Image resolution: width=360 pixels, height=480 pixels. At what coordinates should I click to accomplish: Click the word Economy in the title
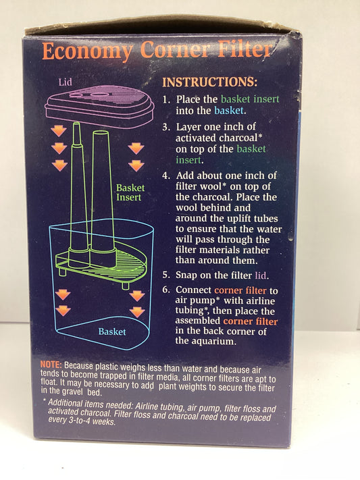point(87,51)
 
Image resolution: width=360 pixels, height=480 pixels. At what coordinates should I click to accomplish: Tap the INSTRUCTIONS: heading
point(210,82)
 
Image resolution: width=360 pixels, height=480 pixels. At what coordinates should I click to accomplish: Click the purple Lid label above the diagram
point(66,82)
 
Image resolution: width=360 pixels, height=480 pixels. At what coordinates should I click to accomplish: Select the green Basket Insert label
point(130,192)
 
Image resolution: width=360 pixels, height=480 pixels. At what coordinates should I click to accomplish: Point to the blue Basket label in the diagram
point(112,331)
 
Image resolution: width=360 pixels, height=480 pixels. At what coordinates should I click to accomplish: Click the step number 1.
point(166,100)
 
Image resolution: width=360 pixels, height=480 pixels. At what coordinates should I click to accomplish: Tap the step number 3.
point(166,127)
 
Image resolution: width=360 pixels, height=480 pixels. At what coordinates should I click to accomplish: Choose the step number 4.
point(166,176)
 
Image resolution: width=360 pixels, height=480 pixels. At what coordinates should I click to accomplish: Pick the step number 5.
point(166,275)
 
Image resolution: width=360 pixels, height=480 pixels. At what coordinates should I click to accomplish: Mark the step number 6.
point(166,290)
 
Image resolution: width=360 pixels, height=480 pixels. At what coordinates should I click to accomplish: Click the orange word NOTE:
point(51,365)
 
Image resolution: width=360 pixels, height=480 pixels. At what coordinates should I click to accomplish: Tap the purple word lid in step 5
point(261,275)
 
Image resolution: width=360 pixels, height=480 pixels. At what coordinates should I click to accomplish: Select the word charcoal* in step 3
point(241,138)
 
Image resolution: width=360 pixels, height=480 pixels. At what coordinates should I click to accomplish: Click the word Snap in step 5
point(186,275)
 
